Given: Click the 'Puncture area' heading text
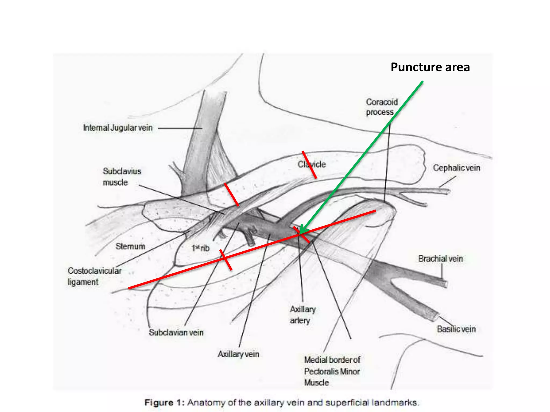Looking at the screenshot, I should [430, 67].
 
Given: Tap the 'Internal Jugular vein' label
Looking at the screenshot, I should [118, 128].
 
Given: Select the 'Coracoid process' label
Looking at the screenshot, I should [382, 107].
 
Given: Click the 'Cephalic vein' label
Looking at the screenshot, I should [456, 168].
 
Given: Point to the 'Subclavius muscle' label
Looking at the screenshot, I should [122, 177].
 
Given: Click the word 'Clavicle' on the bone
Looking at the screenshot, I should [312, 164].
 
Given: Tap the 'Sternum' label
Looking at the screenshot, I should [130, 246].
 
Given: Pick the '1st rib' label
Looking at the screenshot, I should [200, 248].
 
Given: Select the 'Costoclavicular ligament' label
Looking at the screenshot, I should [94, 276].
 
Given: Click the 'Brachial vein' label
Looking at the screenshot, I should [441, 259].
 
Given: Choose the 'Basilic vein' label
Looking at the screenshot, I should [456, 329].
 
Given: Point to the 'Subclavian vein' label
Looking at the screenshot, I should [176, 333].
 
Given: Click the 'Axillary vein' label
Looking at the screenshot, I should [238, 354].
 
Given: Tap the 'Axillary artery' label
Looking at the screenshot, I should [302, 315].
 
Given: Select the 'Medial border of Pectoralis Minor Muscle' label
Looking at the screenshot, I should [332, 371].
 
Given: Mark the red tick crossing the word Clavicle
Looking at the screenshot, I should [309, 165].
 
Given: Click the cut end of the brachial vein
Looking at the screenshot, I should [444, 284].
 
